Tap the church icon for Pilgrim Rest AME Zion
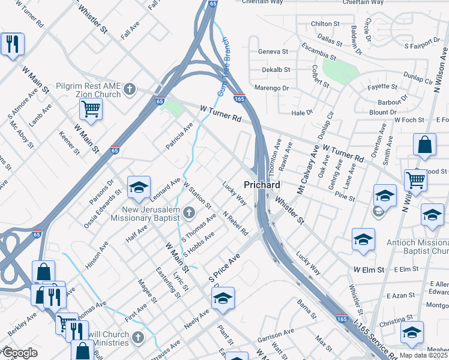point(129,90)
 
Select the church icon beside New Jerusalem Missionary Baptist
point(189,212)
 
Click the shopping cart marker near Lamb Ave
point(91,110)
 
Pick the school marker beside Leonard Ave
point(139,188)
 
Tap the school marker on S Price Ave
point(223,299)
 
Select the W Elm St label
point(369,271)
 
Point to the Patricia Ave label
point(179,136)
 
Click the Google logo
point(20,353)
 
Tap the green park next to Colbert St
point(336,70)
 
